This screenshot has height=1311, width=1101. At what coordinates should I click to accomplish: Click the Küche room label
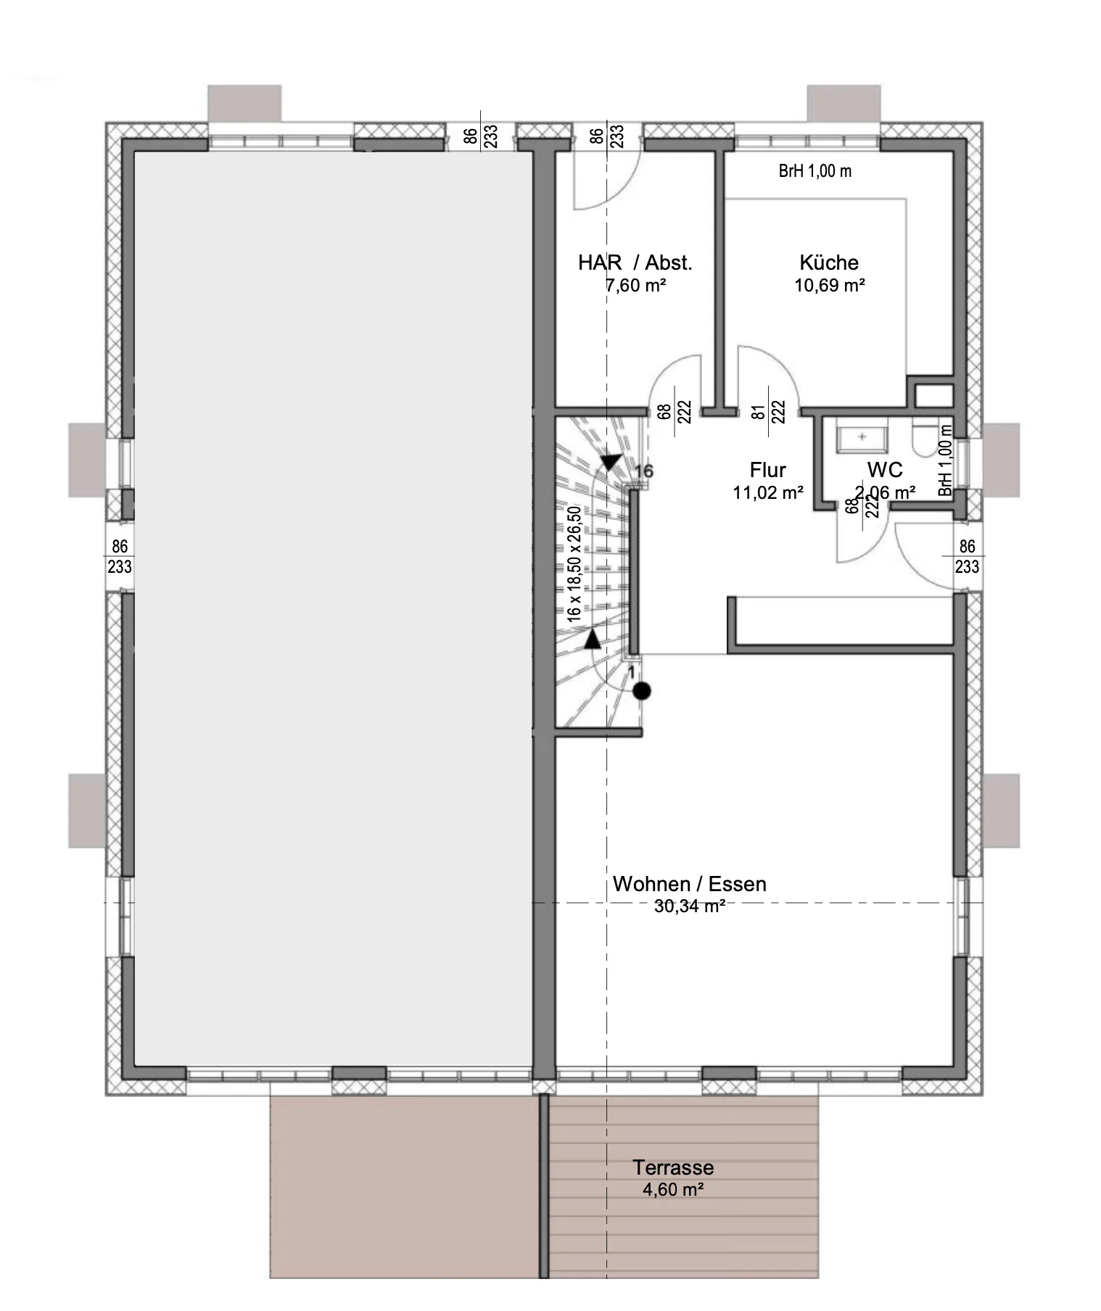(x=829, y=262)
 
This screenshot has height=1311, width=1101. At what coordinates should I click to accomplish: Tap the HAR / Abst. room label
(x=635, y=262)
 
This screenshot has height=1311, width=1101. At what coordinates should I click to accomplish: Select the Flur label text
(x=768, y=470)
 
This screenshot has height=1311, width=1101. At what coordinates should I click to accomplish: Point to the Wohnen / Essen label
(x=690, y=884)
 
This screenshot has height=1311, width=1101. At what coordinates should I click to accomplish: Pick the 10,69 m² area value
(x=830, y=285)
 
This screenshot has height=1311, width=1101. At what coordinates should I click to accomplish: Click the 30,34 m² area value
(x=690, y=906)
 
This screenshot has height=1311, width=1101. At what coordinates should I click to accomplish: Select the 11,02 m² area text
(x=768, y=493)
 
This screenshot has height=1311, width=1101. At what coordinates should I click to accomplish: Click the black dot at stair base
(x=642, y=691)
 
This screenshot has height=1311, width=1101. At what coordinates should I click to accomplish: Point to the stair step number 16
(x=644, y=471)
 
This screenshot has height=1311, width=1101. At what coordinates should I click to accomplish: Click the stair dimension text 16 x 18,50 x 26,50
(x=574, y=564)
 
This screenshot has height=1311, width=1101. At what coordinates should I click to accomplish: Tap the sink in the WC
(x=862, y=437)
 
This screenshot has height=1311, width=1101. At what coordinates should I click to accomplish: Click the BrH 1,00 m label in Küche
(x=815, y=171)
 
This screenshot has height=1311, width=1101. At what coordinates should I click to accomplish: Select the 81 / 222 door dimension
(x=769, y=412)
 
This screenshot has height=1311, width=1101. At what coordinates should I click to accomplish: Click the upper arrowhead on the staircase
(x=612, y=462)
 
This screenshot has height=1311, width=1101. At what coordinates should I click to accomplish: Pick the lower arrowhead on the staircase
(x=593, y=638)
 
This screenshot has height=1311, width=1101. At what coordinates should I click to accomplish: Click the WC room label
(x=885, y=470)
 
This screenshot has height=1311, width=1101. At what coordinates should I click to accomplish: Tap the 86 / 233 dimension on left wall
(x=120, y=556)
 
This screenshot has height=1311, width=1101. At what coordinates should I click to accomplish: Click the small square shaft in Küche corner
(x=933, y=396)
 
